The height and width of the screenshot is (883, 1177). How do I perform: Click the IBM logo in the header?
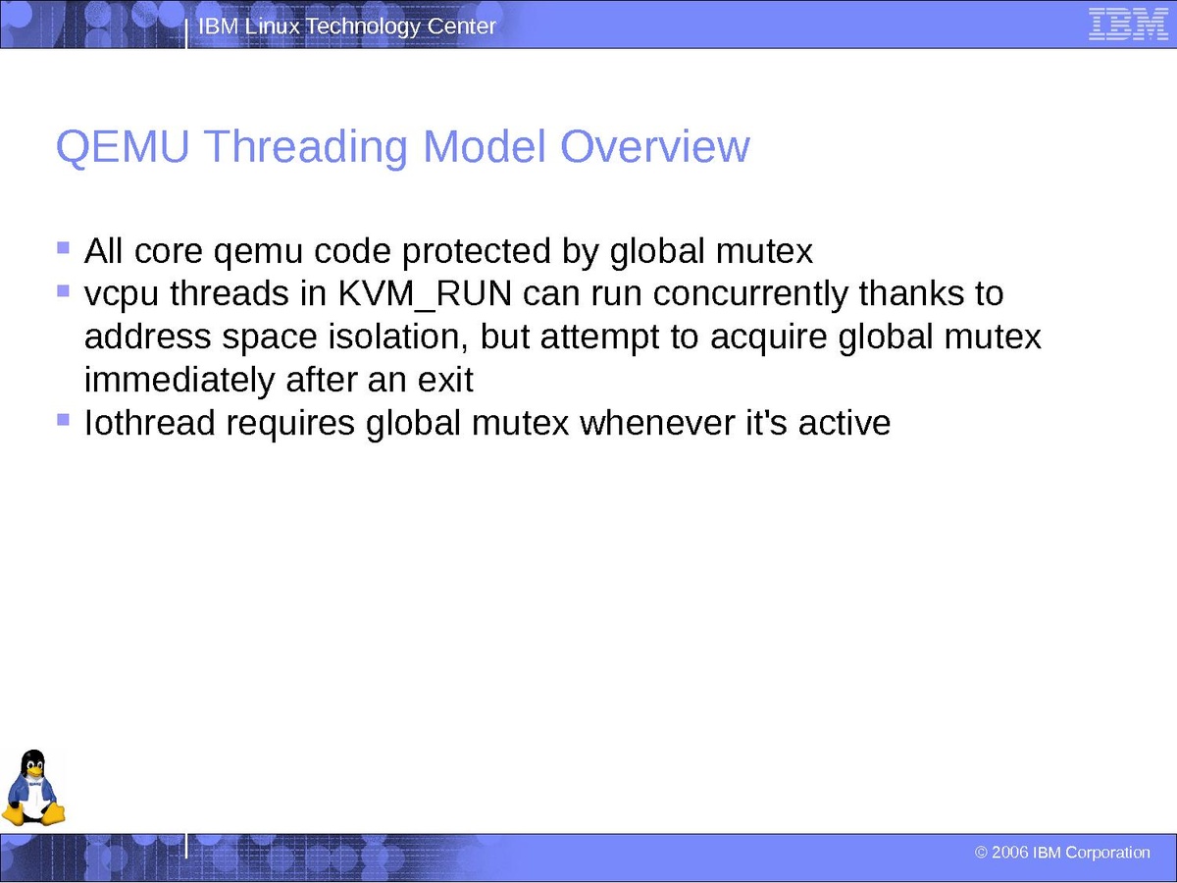click(1128, 25)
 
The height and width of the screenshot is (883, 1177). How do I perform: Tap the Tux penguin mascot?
click(33, 788)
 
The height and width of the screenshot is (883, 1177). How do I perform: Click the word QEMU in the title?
click(123, 146)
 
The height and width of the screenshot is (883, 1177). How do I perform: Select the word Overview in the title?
click(655, 146)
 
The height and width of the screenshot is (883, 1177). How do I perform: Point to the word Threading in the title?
click(306, 148)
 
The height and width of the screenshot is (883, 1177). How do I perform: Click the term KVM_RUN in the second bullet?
click(425, 294)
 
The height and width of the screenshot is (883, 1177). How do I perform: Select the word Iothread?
click(150, 423)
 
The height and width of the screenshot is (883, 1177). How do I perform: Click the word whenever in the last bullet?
click(657, 423)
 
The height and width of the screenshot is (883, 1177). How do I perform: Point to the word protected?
click(476, 252)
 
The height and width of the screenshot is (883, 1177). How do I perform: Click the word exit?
click(445, 380)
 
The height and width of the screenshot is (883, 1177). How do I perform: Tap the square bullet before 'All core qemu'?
click(64, 247)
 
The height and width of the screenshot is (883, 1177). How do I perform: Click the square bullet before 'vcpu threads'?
click(64, 290)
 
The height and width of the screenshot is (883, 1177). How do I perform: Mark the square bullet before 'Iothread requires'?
click(64, 419)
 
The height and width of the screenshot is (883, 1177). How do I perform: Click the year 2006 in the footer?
click(1010, 853)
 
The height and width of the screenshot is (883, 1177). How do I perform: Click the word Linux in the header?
click(272, 26)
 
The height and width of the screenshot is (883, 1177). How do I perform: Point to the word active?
click(844, 423)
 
